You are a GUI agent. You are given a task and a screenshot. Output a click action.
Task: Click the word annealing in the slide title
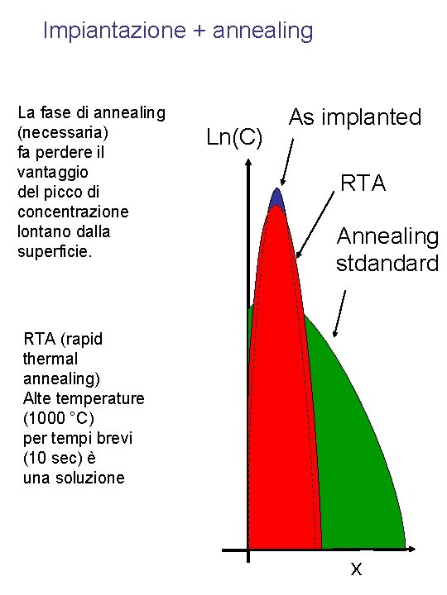pos(263,31)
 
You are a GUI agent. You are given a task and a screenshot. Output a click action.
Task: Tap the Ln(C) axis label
pos(234,137)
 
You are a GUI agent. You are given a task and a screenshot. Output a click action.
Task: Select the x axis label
pos(356,568)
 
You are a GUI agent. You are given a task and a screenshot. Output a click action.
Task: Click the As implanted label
pos(355,117)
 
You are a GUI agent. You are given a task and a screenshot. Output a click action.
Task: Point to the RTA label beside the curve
pos(363,183)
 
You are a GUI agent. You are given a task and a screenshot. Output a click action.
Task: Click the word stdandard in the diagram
pos(387,264)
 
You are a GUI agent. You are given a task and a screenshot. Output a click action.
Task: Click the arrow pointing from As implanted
pos(288,161)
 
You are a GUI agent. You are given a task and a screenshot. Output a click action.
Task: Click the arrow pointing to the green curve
pos(340,313)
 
